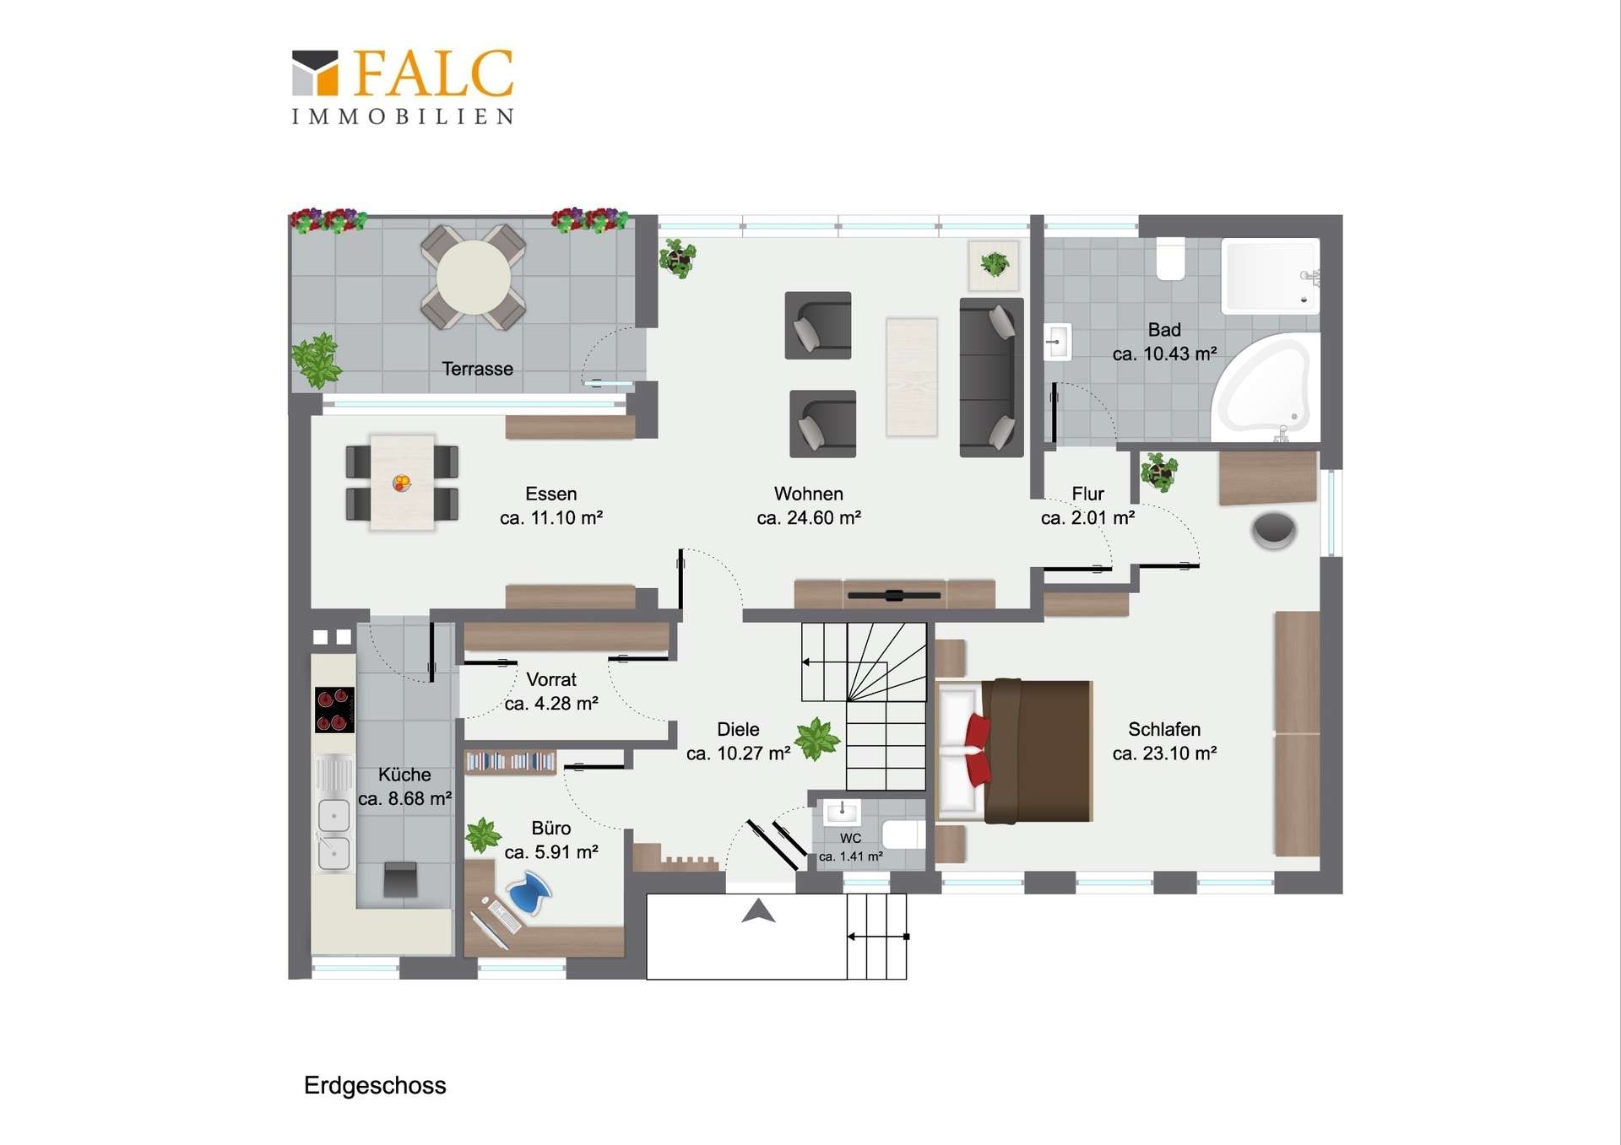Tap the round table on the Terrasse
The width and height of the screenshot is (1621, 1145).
[474, 277]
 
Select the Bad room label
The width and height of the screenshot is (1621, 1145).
[1164, 330]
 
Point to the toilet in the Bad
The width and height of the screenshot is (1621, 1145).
[1171, 258]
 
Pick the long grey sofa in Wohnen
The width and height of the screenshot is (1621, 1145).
[991, 377]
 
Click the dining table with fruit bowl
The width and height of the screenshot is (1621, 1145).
[402, 483]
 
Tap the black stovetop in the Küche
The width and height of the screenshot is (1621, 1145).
[334, 710]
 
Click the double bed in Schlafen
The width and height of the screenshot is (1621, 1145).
[1015, 751]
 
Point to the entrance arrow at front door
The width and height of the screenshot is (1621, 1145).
[758, 911]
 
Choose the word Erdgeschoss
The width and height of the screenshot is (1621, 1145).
[375, 1085]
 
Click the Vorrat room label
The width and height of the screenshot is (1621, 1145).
[551, 679]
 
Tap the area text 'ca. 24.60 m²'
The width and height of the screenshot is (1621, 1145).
[809, 518]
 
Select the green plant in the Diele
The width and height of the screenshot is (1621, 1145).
[816, 739]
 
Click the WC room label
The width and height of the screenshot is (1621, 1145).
[851, 838]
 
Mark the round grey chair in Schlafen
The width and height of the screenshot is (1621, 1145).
[1274, 531]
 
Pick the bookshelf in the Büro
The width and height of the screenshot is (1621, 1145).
[510, 762]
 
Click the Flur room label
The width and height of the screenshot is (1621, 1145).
[1088, 494]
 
